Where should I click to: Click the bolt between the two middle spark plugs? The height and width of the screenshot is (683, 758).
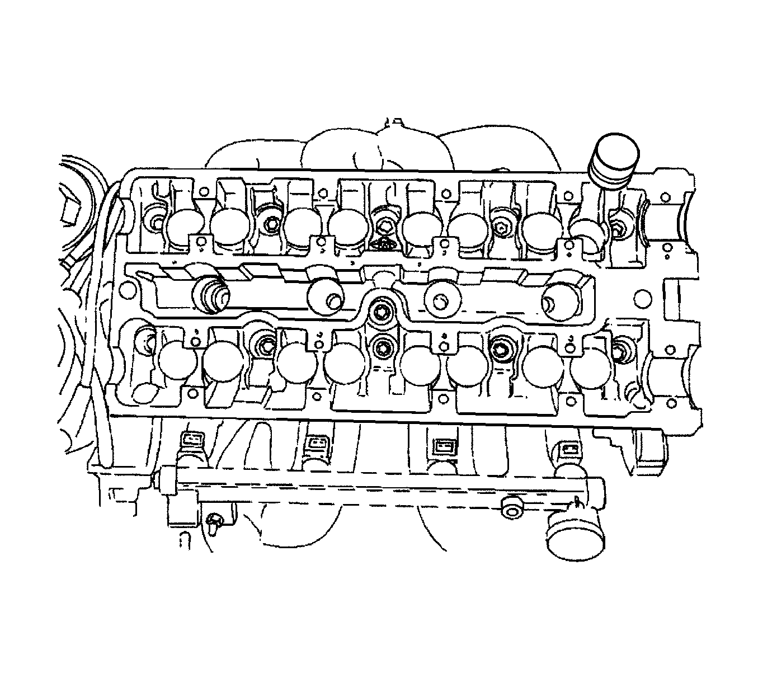point(382,310)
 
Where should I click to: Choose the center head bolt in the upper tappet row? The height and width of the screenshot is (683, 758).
point(385,227)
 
